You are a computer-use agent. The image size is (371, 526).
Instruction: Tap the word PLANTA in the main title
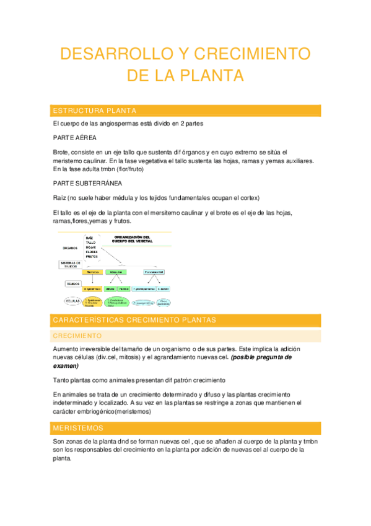(x=211, y=76)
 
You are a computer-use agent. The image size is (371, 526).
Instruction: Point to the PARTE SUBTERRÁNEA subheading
(x=87, y=184)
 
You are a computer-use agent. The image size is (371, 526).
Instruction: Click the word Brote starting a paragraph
(x=62, y=152)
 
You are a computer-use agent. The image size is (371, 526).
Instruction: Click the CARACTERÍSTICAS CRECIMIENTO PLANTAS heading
(x=134, y=320)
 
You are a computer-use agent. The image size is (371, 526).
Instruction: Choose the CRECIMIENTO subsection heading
(x=77, y=336)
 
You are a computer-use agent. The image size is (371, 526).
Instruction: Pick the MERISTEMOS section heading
(x=78, y=428)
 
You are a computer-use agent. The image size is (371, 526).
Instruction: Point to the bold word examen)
(x=66, y=366)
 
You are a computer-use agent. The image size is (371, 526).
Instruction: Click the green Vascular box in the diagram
(x=116, y=272)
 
